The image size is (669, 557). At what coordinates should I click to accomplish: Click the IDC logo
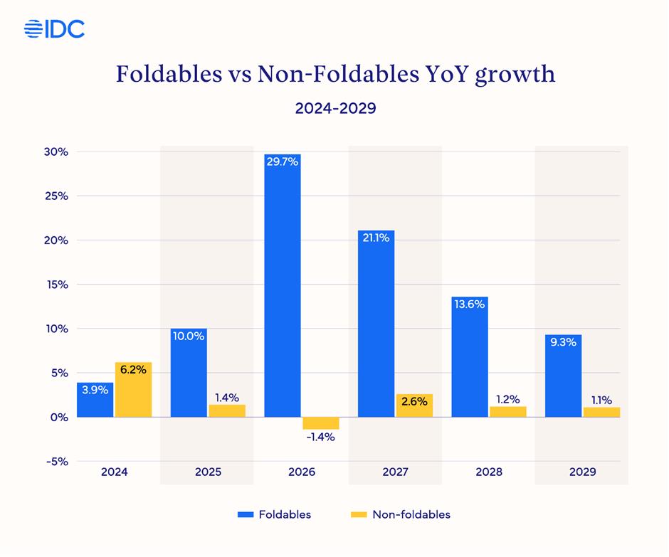pos(54,28)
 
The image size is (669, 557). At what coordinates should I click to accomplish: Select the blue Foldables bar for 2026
pos(283,285)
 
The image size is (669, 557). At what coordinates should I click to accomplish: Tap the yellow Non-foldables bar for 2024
pos(133,390)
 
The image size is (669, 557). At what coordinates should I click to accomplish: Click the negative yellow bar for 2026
pos(321,423)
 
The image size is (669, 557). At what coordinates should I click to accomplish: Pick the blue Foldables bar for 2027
pos(376,324)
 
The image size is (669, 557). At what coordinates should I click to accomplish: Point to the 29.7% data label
pos(283,161)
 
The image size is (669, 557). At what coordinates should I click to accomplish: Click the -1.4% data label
pos(321,437)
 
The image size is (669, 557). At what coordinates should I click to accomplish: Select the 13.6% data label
pos(470,304)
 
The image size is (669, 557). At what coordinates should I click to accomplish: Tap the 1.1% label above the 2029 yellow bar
pos(601,400)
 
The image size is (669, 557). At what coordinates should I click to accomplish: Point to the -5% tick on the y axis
pos(57,461)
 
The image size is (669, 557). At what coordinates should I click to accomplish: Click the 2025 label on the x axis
pos(208,472)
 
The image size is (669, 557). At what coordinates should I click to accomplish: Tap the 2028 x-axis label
pos(488,472)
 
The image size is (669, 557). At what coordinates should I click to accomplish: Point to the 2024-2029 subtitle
pos(334,109)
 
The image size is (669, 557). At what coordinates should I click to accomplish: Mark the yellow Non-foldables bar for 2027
pos(414,405)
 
